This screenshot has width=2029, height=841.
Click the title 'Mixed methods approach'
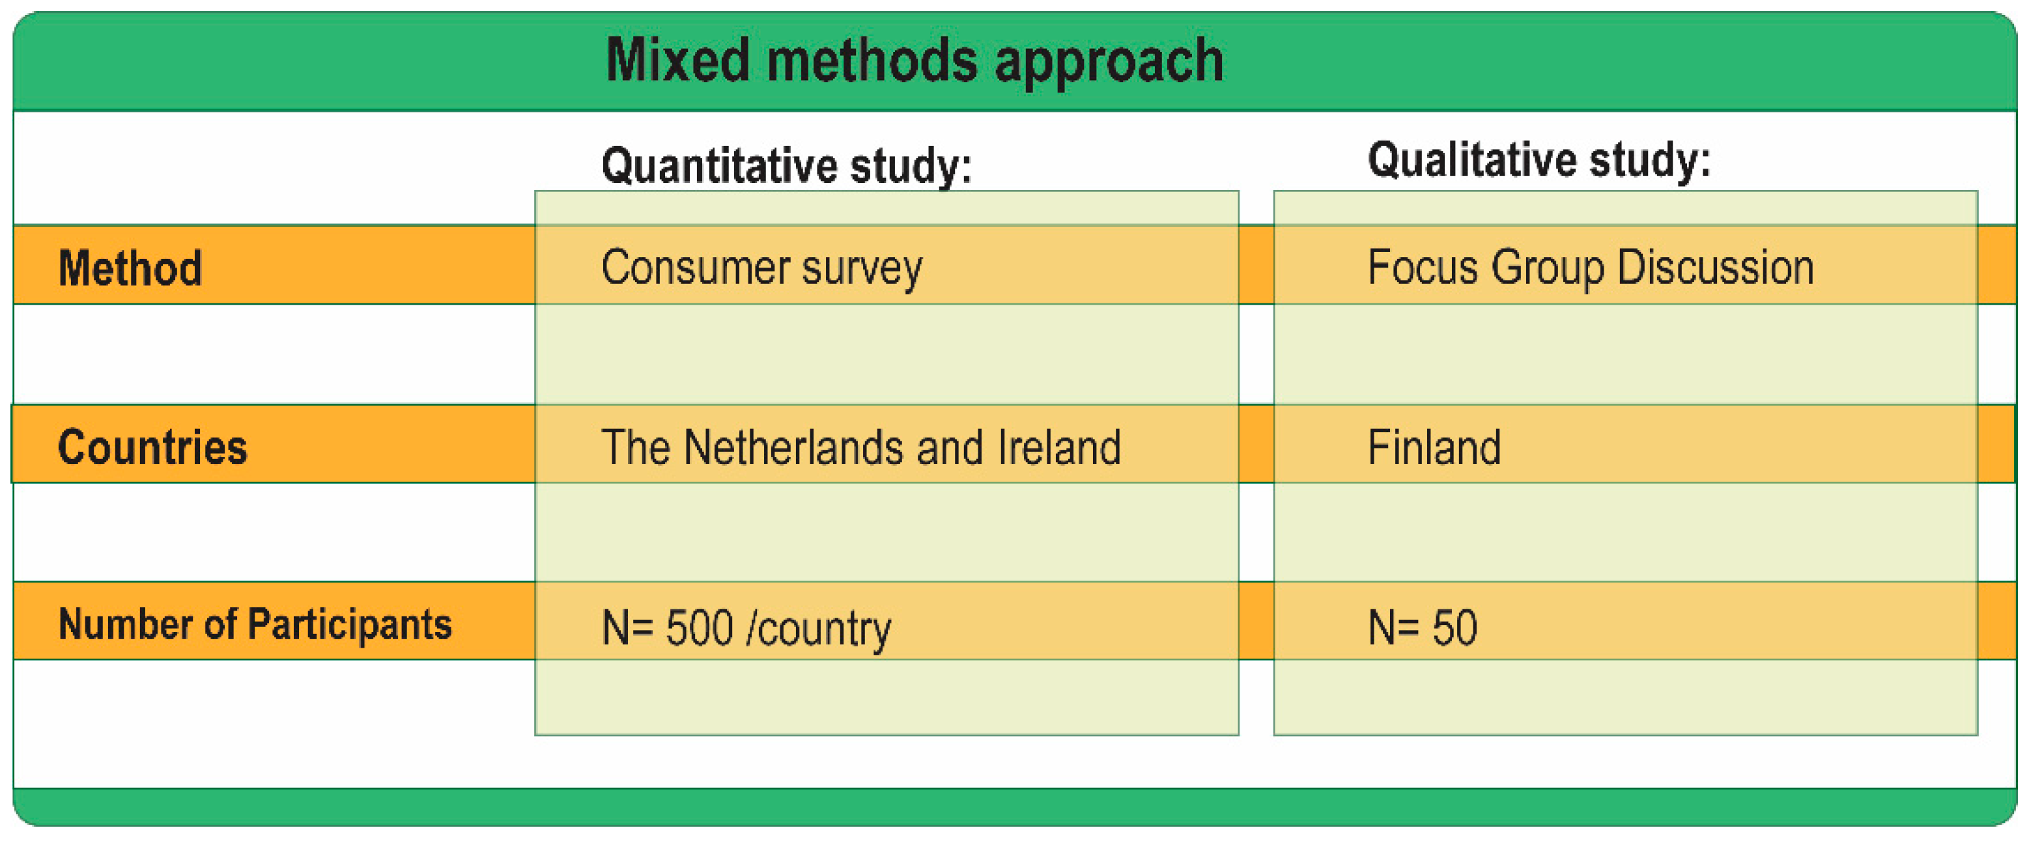click(x=914, y=61)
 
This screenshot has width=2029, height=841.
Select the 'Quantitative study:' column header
click(x=786, y=165)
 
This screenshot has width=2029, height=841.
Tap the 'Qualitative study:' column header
click(x=1539, y=160)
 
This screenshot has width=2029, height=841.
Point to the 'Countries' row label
click(x=152, y=447)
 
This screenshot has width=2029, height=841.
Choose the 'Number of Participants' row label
click(x=255, y=624)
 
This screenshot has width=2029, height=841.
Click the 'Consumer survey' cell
click(x=761, y=268)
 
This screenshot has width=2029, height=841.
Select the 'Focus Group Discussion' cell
click(x=1590, y=268)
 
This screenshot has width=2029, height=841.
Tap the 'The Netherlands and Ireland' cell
click(x=860, y=447)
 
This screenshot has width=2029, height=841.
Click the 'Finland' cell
click(x=1434, y=447)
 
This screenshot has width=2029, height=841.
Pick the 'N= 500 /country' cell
click(x=746, y=627)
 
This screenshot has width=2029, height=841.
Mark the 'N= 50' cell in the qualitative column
click(x=1422, y=627)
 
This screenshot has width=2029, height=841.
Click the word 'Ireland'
click(x=1058, y=447)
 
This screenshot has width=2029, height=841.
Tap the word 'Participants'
click(x=349, y=624)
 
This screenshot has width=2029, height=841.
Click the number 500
click(x=700, y=627)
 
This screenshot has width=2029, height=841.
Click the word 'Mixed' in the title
click(x=677, y=61)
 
